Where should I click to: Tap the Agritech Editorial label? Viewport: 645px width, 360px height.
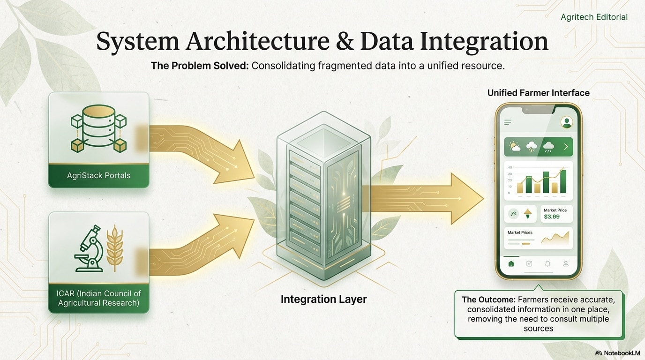click(x=594, y=17)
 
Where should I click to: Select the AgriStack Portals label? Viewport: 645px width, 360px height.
click(x=98, y=176)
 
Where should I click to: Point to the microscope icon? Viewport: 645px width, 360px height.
click(x=90, y=249)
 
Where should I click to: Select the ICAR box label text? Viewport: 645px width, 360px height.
click(x=98, y=298)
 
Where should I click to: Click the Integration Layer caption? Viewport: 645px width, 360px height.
click(x=323, y=299)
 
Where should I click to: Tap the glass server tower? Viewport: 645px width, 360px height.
click(x=323, y=197)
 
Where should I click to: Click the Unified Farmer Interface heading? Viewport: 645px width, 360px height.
click(x=538, y=93)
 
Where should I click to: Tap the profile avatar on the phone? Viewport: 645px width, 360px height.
click(x=567, y=122)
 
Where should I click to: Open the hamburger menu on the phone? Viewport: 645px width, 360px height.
click(x=508, y=122)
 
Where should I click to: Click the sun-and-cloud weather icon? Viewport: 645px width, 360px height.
click(x=514, y=147)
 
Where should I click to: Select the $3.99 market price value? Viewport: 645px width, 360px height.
click(x=552, y=217)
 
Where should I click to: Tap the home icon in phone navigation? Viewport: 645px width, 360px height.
click(x=511, y=263)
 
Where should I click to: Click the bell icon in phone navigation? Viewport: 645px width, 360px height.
click(x=547, y=263)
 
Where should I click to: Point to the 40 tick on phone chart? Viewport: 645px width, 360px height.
click(x=510, y=167)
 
